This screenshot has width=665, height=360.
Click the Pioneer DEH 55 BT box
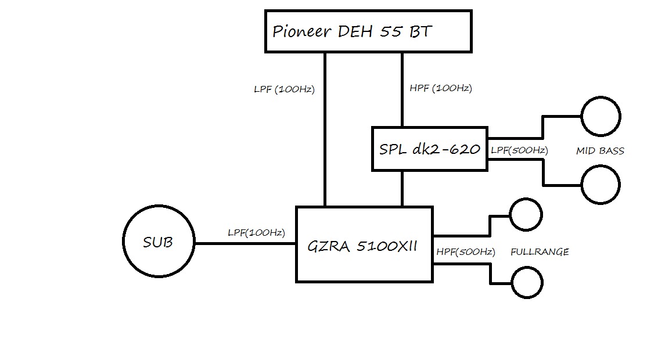(367, 31)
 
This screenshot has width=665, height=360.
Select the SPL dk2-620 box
(429, 149)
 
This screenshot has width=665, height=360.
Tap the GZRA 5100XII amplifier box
(364, 244)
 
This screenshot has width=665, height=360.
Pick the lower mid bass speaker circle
(601, 184)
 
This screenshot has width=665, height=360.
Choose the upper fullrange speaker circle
(525, 215)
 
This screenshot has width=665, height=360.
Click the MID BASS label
(600, 151)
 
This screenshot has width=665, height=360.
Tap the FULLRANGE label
(540, 252)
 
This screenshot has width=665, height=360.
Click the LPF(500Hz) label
(519, 150)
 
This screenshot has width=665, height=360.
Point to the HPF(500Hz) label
(465, 252)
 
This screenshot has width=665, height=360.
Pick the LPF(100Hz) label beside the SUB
(256, 233)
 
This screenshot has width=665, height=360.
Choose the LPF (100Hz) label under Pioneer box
(284, 89)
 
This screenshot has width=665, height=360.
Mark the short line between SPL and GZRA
(402, 188)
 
